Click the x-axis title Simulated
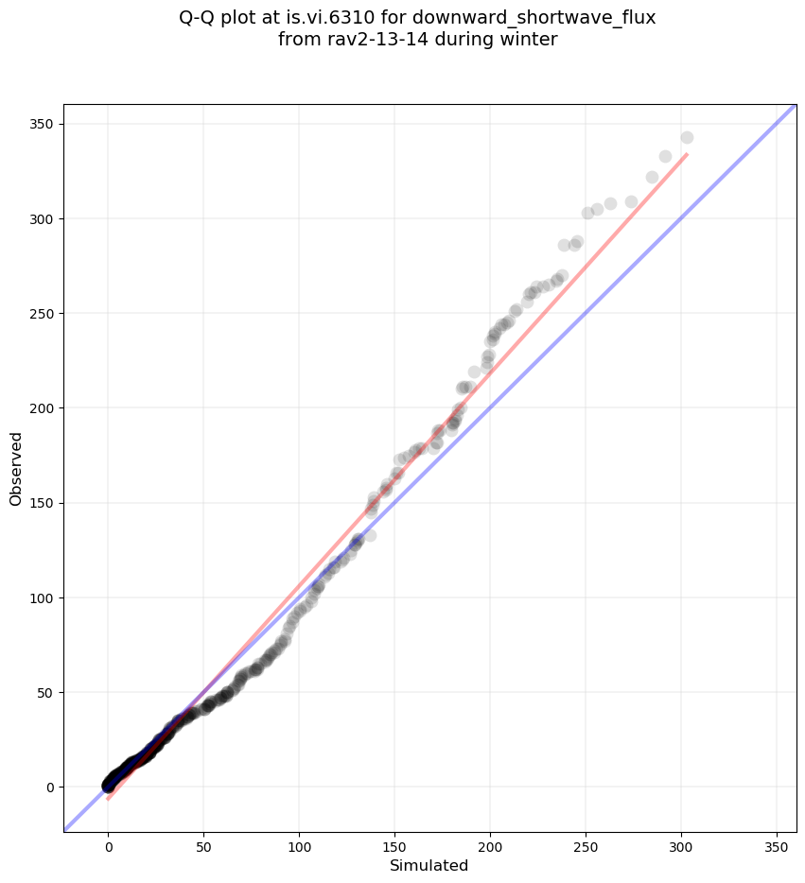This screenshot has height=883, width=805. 429,866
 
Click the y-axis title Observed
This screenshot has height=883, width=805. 16,468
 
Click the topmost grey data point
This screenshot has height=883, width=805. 687,138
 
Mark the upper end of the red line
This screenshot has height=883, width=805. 687,154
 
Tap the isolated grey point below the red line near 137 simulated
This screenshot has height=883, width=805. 370,535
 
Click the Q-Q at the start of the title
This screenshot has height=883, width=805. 199,17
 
